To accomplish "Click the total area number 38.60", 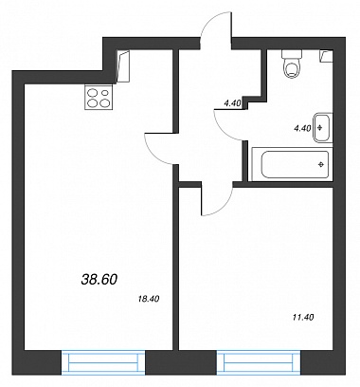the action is (x=99, y=279).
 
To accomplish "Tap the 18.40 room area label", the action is (x=149, y=298).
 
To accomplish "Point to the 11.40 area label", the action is (x=303, y=317).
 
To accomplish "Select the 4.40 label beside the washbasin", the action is (x=302, y=128).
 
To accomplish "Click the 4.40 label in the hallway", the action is (x=232, y=102).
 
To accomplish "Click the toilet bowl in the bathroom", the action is (x=291, y=69).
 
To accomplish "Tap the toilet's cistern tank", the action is (x=292, y=54).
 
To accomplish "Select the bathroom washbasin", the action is (x=322, y=128).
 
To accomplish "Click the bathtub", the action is (x=291, y=164).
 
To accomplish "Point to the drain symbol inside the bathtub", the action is (x=321, y=164).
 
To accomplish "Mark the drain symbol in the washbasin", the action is (x=320, y=128).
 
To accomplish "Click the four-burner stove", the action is (x=99, y=98).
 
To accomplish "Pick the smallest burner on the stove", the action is (x=105, y=93).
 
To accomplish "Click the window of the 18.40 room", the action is (x=103, y=362).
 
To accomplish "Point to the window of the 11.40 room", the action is (x=259, y=362).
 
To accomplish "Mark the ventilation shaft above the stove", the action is (x=123, y=66).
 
